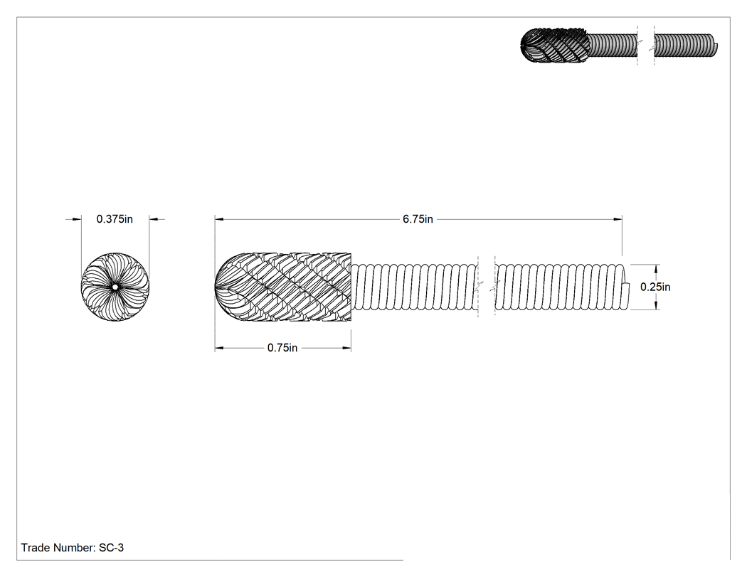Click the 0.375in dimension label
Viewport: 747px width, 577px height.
(115, 219)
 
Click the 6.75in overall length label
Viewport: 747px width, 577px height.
(418, 219)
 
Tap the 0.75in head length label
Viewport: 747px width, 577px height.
(282, 348)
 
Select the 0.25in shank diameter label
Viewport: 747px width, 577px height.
(655, 287)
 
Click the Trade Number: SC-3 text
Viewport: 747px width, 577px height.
(73, 548)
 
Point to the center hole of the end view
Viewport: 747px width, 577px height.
(115, 287)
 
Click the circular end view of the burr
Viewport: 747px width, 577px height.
(115, 287)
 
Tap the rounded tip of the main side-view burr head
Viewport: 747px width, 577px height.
(216, 287)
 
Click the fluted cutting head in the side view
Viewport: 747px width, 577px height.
(283, 287)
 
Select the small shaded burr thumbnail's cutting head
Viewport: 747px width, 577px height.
(555, 46)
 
